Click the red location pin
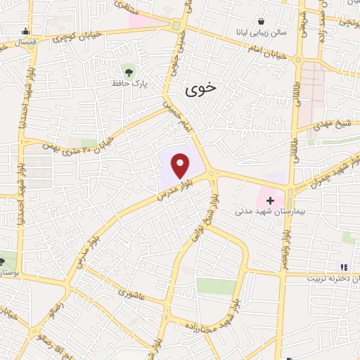click(181, 166)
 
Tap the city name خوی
click(202, 89)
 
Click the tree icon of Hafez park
click(127, 70)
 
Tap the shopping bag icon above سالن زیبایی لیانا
click(262, 21)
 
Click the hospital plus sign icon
click(270, 200)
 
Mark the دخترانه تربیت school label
click(333, 278)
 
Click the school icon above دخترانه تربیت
click(344, 267)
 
